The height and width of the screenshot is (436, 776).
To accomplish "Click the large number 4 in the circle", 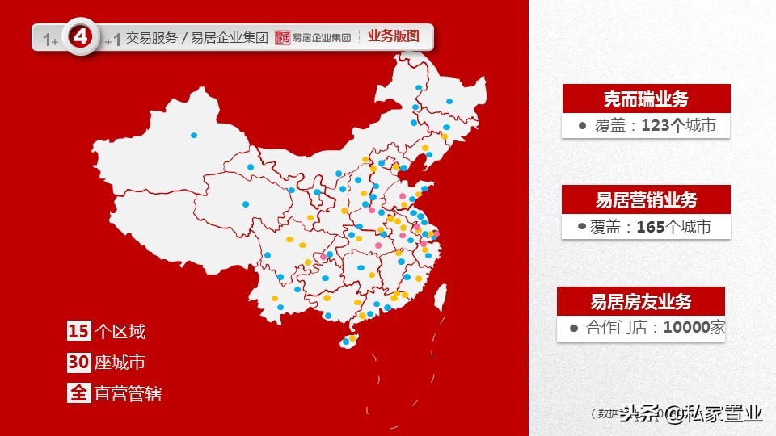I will click(80, 37).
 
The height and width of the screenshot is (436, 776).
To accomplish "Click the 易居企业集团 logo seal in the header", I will click(282, 37).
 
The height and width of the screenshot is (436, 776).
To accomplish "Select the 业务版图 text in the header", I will click(394, 36).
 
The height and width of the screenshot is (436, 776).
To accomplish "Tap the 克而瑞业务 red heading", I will click(646, 99).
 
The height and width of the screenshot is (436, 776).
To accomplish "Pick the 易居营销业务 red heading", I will click(646, 199).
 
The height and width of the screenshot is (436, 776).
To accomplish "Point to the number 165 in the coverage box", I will click(650, 227).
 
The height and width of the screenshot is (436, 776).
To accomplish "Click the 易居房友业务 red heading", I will click(641, 302).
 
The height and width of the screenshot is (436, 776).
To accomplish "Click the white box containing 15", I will click(78, 331).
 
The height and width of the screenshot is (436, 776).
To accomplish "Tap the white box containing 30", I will click(78, 363).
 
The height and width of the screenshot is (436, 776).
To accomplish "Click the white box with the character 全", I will click(78, 394).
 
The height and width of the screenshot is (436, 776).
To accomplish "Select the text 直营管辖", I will click(128, 394).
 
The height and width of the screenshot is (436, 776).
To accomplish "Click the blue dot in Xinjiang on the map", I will click(194, 136).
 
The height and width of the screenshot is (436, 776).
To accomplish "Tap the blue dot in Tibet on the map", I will click(246, 204).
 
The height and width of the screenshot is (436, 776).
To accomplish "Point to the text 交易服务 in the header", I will click(151, 38).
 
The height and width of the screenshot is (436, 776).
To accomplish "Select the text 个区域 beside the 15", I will click(120, 331).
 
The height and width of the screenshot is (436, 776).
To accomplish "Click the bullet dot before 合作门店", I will click(573, 328).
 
